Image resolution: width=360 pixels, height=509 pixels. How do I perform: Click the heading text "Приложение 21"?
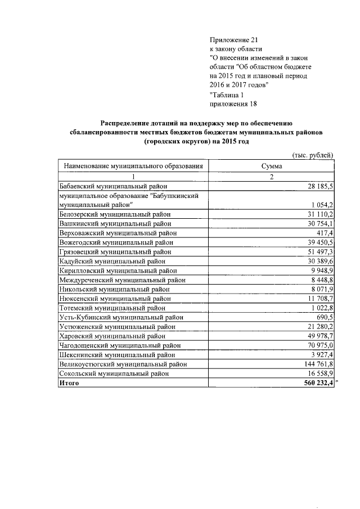coord(232,40)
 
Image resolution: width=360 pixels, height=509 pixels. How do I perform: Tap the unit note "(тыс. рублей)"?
coord(313,155)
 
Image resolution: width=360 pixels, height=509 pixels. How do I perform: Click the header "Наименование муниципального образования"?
coord(133,166)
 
